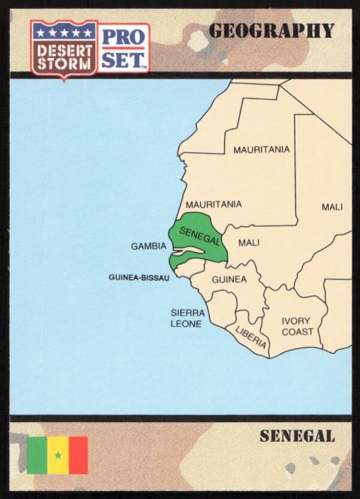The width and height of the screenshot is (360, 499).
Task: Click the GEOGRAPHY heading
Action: click(x=271, y=31)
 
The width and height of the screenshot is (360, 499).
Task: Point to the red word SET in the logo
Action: click(x=123, y=59)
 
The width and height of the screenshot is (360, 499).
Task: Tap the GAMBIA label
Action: click(x=148, y=246)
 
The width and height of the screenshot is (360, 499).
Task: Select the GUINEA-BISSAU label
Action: click(x=139, y=278)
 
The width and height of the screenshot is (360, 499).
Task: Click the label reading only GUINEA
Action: click(x=229, y=279)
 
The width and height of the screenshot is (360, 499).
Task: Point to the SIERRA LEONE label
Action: click(x=187, y=318)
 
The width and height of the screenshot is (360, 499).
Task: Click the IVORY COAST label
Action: click(x=297, y=326)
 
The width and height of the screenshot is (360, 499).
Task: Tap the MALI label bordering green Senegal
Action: click(x=248, y=243)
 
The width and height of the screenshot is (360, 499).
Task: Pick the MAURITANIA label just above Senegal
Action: click(x=214, y=204)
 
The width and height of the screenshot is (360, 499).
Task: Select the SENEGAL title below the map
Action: click(x=297, y=436)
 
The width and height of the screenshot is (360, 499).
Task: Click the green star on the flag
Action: click(x=58, y=455)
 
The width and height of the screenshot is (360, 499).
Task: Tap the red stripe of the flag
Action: click(x=77, y=455)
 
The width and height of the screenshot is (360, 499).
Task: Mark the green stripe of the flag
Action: click(x=37, y=455)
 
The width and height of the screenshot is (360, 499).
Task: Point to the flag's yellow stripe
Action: click(x=58, y=446)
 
